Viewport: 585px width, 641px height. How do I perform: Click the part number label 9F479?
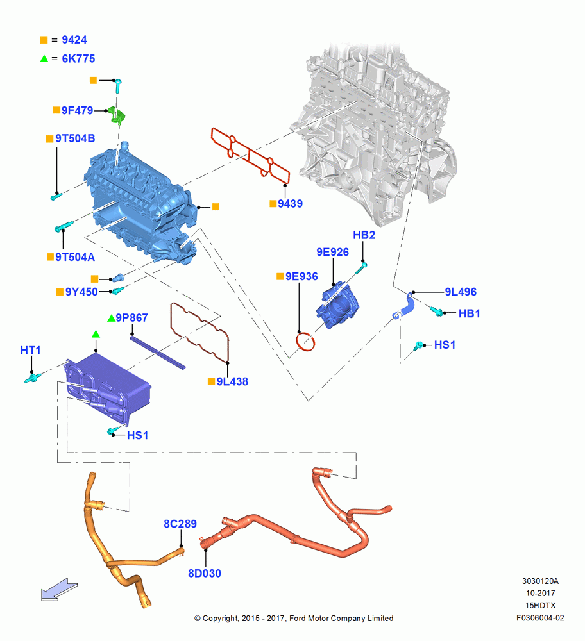point(78,110)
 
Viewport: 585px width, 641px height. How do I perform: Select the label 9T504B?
point(75,138)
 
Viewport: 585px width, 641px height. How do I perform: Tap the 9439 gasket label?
point(290,204)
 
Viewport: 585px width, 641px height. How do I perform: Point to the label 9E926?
point(333,252)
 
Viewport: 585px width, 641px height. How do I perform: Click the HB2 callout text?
point(364,235)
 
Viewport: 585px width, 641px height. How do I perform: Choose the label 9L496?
point(461,292)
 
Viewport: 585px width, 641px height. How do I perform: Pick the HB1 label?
point(470,313)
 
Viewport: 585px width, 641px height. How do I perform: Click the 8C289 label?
point(180,524)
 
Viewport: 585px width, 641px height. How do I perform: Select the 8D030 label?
point(205,574)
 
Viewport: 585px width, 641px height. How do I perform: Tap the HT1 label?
point(31,351)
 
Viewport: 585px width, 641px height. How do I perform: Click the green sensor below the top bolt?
point(116,115)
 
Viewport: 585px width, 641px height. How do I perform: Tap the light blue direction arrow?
point(59,590)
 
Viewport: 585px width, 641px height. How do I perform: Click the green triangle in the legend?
point(44,59)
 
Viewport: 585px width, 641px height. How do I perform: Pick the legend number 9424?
point(74,40)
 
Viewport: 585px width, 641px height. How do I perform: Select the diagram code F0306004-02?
point(540,618)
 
